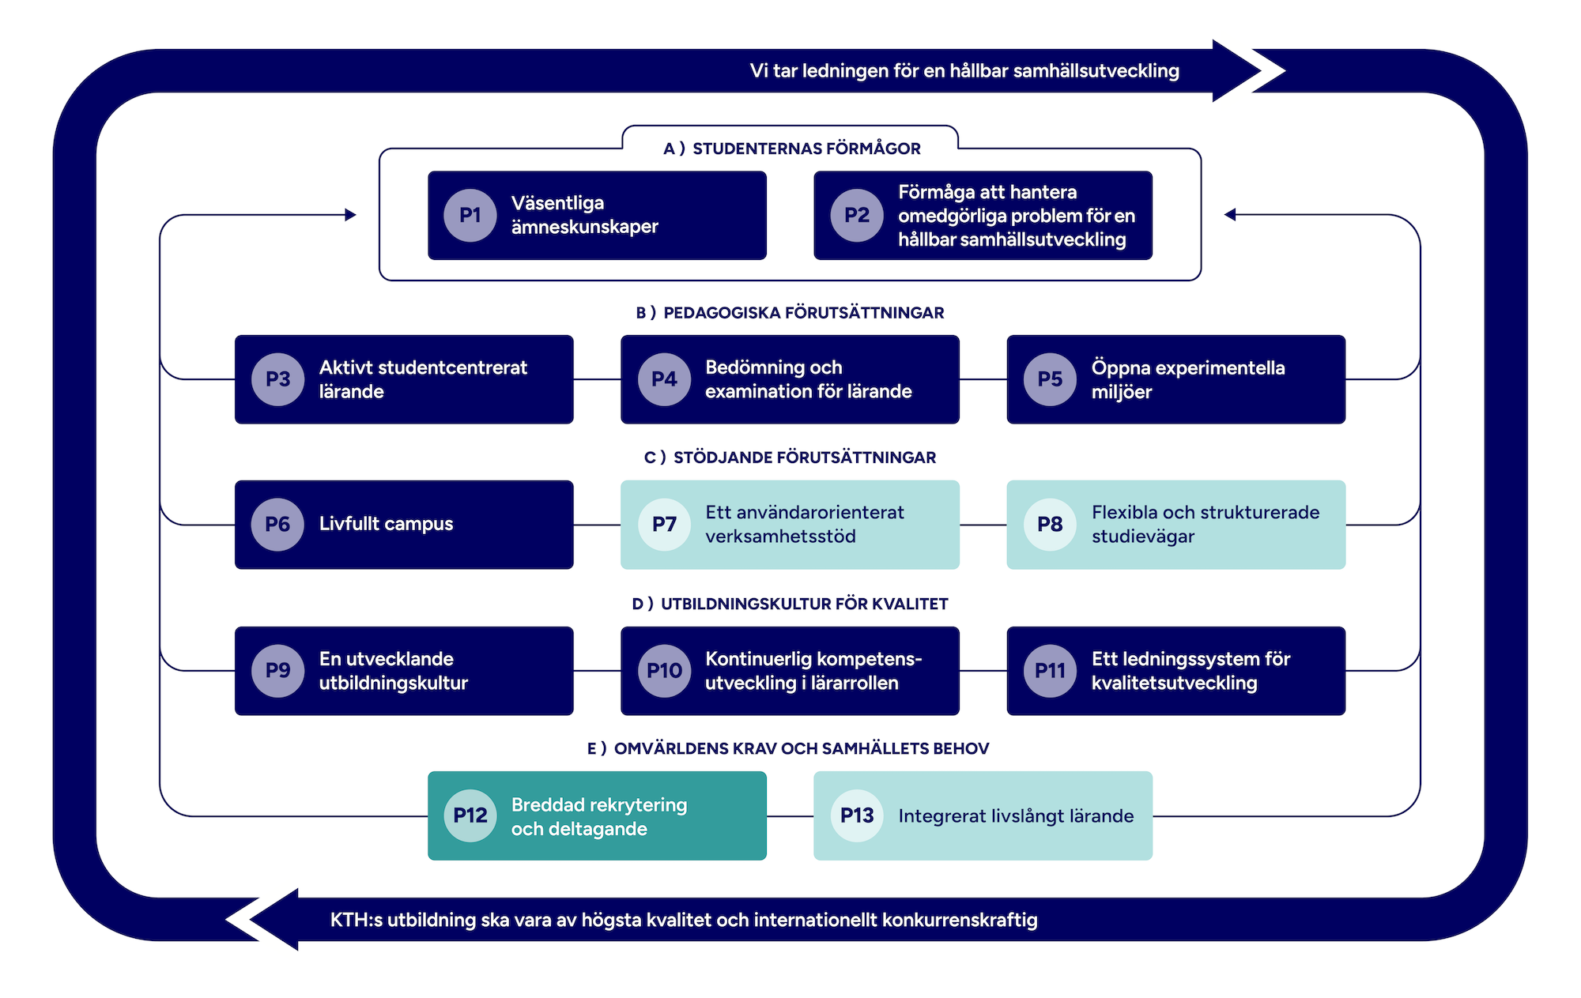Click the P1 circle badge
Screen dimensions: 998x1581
470,215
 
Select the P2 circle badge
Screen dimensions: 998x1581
857,215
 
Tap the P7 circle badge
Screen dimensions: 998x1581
664,524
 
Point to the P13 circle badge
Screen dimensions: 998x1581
857,815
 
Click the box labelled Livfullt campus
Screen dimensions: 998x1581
404,525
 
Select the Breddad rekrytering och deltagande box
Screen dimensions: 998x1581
597,815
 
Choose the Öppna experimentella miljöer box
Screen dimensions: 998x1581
1175,379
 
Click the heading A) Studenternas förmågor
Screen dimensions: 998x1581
791,149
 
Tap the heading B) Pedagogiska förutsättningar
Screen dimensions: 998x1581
790,313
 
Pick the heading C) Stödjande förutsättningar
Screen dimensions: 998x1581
790,458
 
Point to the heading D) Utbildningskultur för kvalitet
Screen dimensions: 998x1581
790,604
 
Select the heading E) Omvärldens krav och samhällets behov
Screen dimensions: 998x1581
788,748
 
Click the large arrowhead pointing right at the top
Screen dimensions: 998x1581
1237,70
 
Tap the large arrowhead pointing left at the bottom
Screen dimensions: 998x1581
273,919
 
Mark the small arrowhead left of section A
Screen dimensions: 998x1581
350,215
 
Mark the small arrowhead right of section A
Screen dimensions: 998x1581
1230,215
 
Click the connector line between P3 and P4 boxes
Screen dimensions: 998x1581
597,379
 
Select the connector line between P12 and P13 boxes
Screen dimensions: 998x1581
790,815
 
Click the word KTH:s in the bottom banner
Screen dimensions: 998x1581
356,920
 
